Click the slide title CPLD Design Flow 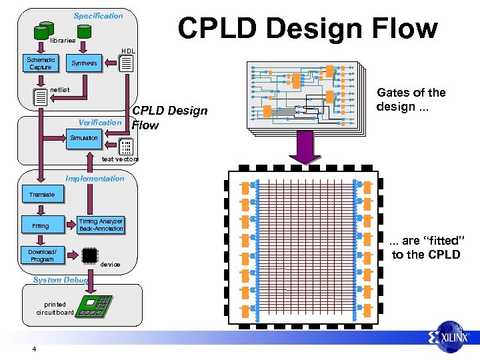(307, 29)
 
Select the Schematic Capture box (41, 63)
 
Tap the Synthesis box (84, 63)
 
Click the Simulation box (84, 138)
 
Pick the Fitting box (41, 226)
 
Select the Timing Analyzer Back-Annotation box (101, 225)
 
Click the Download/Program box (42, 255)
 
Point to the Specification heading (98, 15)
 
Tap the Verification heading (99, 123)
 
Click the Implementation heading (95, 178)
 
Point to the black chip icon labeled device (89, 255)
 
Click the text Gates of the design (411, 99)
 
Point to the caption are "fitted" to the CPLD (426, 247)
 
